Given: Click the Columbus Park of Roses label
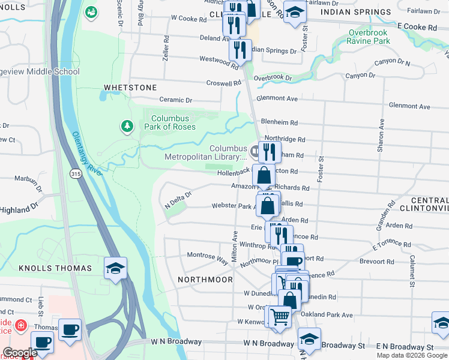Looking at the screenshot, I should coord(170,122).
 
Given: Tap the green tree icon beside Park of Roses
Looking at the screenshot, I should coord(127,126).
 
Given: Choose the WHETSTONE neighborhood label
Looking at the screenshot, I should coord(130,88).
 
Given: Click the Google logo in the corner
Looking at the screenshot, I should coord(20,353).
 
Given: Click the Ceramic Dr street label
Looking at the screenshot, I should coord(175,100).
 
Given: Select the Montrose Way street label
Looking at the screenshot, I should coord(207,258).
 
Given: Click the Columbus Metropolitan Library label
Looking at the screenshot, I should coord(228,152).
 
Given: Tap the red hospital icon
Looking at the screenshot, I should coord(22,325).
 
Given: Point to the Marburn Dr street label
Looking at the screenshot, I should coord(26,178).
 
